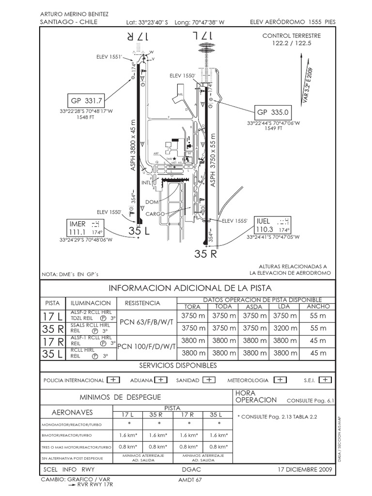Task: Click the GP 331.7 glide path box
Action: (x=87, y=101)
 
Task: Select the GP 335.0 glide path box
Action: (x=273, y=112)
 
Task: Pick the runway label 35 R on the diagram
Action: (x=205, y=253)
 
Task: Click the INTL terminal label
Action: (x=147, y=183)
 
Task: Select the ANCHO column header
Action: (x=318, y=307)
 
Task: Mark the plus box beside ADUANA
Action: (x=161, y=380)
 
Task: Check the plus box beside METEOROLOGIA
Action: (x=279, y=380)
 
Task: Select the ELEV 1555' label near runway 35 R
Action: (x=234, y=221)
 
